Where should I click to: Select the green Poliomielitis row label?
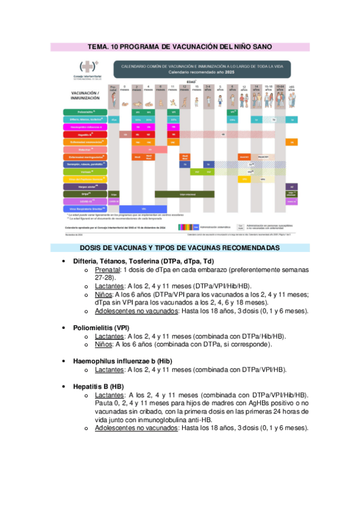(85, 112)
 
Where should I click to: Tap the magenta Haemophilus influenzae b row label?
(85, 127)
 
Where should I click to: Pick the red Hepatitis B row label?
(85, 135)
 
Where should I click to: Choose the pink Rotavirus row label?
(85, 150)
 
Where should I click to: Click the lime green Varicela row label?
(85, 171)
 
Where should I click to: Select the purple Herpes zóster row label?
(85, 186)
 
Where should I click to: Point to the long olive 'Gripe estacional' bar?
(185, 194)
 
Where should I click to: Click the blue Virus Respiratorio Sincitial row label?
(85, 209)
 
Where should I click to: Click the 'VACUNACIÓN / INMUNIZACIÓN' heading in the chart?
(85, 95)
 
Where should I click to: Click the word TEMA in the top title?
(99, 46)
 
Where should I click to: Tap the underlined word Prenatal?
(107, 271)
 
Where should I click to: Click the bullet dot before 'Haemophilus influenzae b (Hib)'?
(64, 360)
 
